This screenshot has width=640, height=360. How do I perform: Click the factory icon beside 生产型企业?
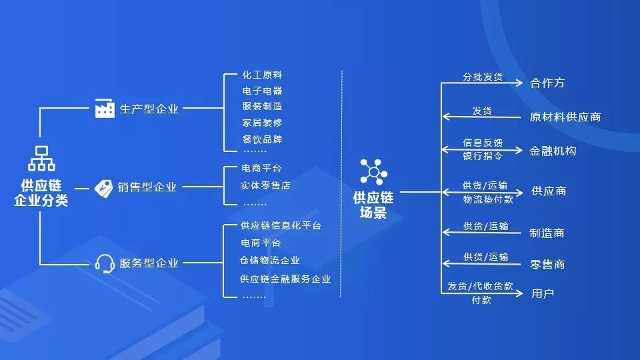pos(105,108)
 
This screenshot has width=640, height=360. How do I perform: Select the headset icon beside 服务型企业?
pos(105,263)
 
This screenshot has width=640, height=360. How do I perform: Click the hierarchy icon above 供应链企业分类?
pos(41,159)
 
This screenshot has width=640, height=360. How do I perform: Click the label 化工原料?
pos(262,75)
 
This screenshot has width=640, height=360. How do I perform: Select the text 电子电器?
pos(262,91)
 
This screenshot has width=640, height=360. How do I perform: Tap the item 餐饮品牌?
pos(262,139)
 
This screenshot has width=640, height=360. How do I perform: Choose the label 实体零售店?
pos(265,185)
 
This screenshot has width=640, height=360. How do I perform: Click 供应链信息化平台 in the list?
pos(281,226)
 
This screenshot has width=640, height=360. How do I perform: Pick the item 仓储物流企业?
pos(270,261)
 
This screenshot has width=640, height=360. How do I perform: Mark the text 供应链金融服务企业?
pos(285,279)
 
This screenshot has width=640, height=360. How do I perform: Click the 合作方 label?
pos(547,83)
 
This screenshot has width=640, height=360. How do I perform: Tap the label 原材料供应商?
pos(565,117)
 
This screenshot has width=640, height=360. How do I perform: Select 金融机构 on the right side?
pos(553,151)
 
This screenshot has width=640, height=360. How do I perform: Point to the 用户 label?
pos(543,293)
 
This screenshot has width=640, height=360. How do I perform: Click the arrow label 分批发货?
pos(483,77)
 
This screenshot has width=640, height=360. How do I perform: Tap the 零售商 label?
pos(547,265)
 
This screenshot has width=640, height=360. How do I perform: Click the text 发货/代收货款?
pos(480,286)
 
